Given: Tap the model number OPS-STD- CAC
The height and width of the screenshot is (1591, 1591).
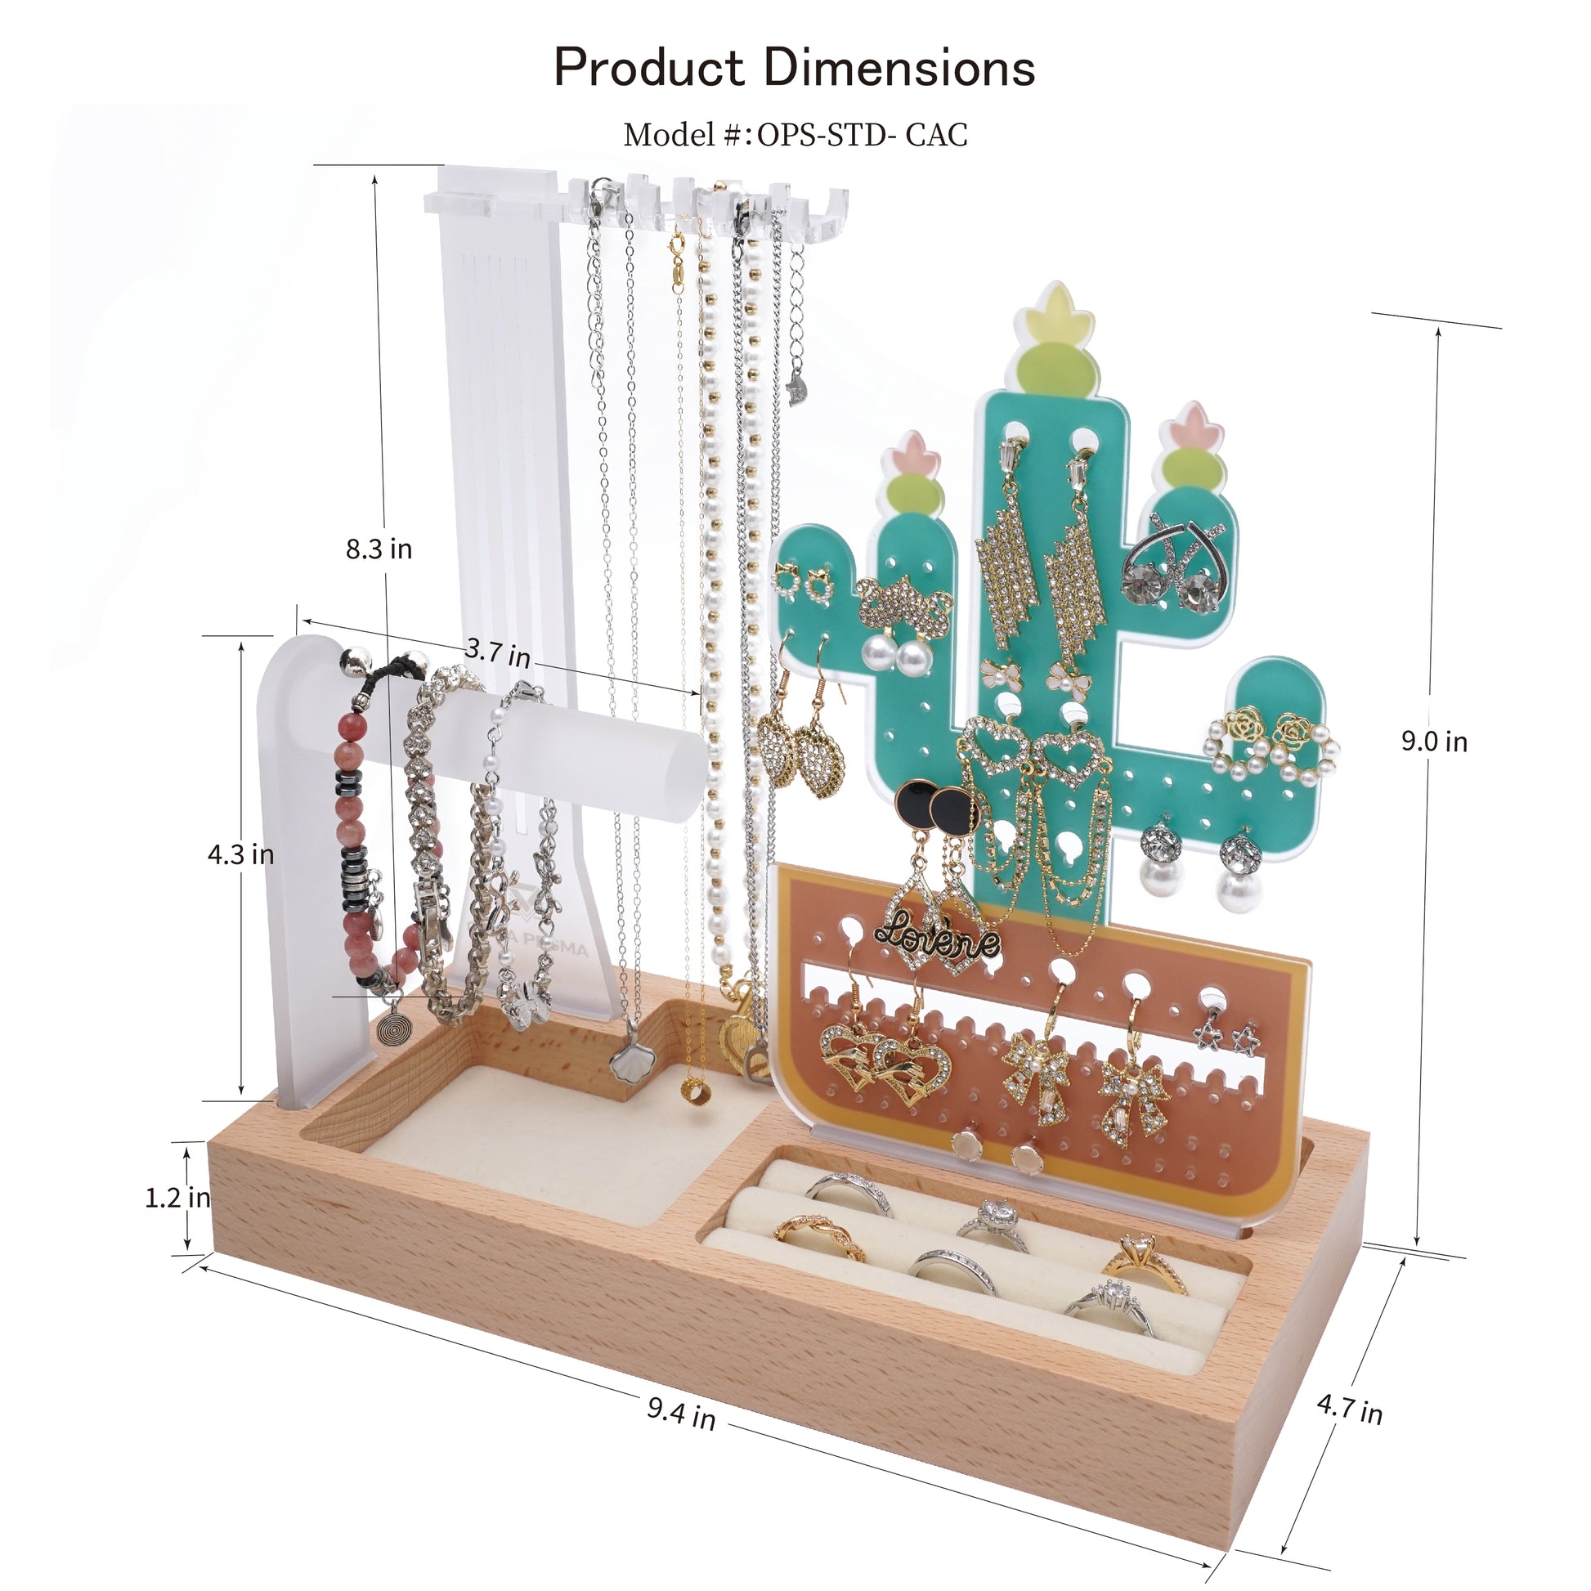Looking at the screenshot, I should point(862,135).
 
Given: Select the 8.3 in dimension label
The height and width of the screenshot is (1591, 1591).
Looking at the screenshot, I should point(379,549).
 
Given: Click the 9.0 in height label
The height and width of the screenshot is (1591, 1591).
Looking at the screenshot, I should point(1435,742).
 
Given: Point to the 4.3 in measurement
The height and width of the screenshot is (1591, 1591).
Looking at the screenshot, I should point(240,854).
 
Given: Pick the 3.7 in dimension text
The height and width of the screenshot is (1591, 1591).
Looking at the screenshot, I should point(497,652).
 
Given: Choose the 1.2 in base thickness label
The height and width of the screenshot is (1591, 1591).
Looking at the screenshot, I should point(177,1198).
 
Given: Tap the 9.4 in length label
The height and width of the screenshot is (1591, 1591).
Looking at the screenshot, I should point(680,1413).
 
